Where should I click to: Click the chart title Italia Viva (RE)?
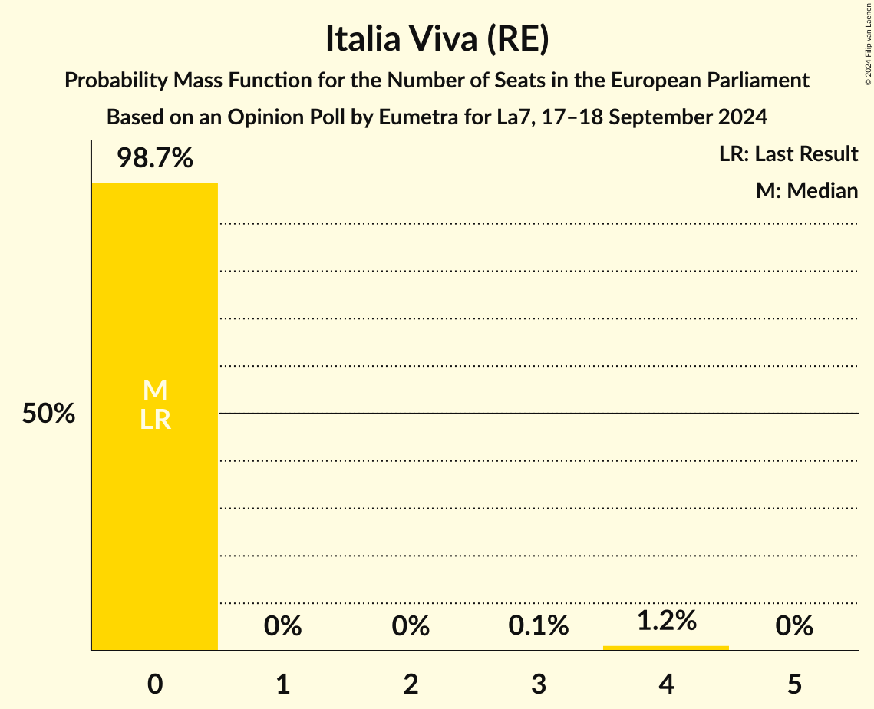coord(437,39)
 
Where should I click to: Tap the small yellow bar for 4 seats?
coord(666,648)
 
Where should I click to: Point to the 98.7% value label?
coord(155,159)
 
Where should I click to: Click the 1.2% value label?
coord(666,620)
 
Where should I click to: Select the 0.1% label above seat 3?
coord(538,626)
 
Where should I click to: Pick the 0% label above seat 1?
coord(282,626)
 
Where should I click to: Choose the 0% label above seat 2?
coord(411,626)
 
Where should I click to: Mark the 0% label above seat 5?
coord(793,626)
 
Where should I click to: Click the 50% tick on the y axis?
coord(48,414)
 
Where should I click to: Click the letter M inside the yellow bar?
coord(155,391)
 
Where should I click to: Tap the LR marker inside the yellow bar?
coord(155,420)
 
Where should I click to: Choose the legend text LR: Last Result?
coord(788,154)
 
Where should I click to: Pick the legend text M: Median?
coord(806,190)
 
